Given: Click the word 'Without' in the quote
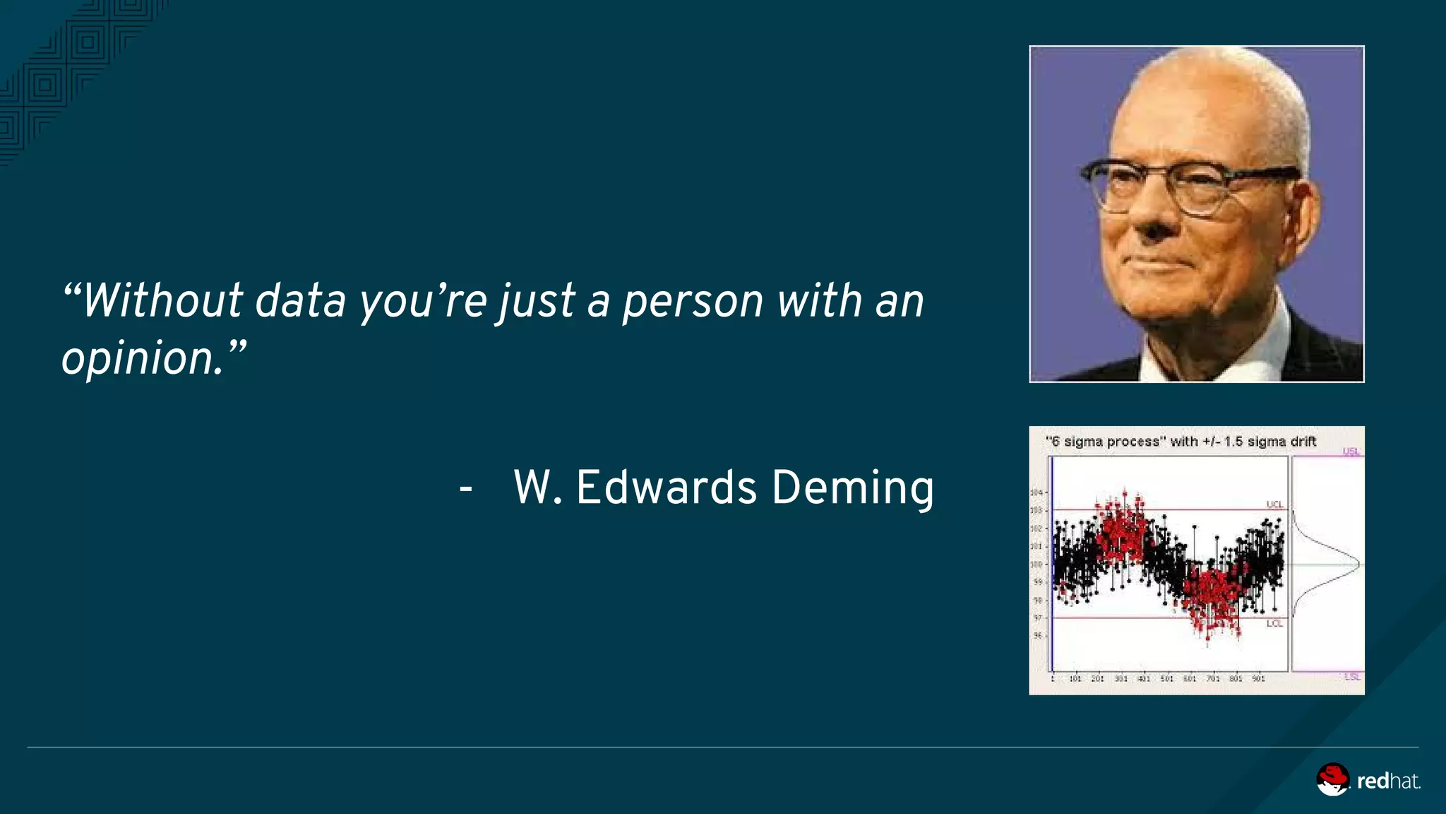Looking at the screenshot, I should click(163, 301).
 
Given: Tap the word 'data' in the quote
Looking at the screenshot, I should click(300, 301).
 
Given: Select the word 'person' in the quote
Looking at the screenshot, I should click(693, 302).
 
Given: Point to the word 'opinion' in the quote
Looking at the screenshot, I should click(142, 358).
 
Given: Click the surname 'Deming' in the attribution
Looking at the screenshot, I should click(853, 488).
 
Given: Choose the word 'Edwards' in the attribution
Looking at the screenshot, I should click(667, 488).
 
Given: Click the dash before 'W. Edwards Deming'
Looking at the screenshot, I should click(465, 488).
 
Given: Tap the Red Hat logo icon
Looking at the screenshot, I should click(1332, 779).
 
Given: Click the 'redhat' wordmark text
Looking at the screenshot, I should click(1388, 781).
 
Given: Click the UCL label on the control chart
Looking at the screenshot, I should click(1274, 504).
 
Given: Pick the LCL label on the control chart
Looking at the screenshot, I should click(1274, 623).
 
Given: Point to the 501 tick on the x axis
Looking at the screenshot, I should click(1167, 679).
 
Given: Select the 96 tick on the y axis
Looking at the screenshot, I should click(1037, 635).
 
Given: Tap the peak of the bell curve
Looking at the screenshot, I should click(1357, 564).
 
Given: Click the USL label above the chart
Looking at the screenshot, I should click(1351, 451).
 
